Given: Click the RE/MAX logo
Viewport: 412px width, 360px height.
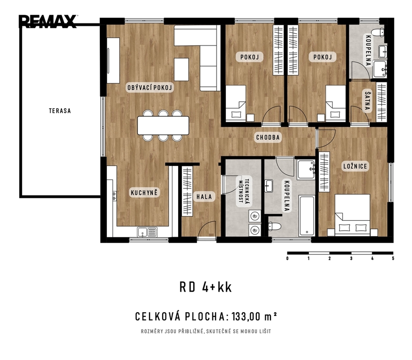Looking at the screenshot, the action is pyautogui.click(x=47, y=21).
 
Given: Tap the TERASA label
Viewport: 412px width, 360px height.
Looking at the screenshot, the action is pyautogui.click(x=60, y=111).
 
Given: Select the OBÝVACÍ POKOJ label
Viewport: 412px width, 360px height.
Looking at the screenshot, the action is pyautogui.click(x=150, y=88).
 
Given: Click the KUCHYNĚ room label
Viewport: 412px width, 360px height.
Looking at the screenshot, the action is pyautogui.click(x=144, y=193).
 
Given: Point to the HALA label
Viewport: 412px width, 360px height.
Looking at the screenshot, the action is pyautogui.click(x=204, y=196).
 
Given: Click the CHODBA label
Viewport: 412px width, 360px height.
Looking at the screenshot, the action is pyautogui.click(x=268, y=137).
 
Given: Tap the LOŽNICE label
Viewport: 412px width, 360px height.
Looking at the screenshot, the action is pyautogui.click(x=355, y=166).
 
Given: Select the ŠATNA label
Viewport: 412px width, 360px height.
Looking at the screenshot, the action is pyautogui.click(x=367, y=101).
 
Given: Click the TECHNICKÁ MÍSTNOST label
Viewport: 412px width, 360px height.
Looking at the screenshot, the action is pyautogui.click(x=244, y=191).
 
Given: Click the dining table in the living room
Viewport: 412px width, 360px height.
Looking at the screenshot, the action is pyautogui.click(x=163, y=125).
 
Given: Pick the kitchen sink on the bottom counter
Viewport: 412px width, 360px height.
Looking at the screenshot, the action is pyautogui.click(x=147, y=232).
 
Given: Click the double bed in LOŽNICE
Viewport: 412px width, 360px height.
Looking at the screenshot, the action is pyautogui.click(x=352, y=214).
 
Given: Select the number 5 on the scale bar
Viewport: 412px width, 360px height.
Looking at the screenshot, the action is pyautogui.click(x=393, y=258).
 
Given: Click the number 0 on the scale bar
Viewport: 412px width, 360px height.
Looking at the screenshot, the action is pyautogui.click(x=287, y=258).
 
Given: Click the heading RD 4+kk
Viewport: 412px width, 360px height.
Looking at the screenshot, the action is pyautogui.click(x=206, y=287).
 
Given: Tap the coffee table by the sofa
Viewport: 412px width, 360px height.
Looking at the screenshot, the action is pyautogui.click(x=181, y=69).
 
